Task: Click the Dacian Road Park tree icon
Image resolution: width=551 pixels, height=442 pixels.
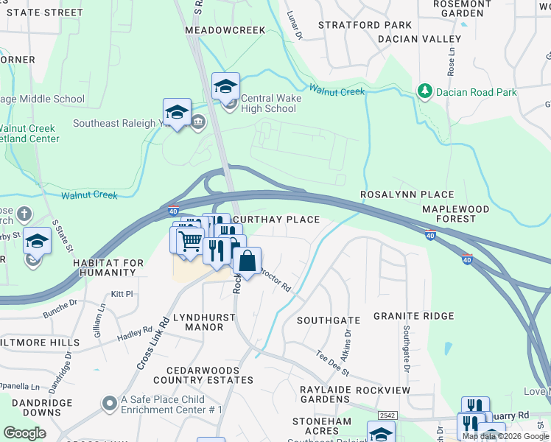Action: click(x=424, y=92)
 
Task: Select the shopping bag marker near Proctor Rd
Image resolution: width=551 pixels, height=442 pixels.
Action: click(x=248, y=260)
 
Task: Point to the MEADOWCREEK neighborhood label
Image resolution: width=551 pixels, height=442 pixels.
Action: click(x=224, y=29)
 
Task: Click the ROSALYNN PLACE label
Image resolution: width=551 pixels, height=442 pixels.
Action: click(x=407, y=194)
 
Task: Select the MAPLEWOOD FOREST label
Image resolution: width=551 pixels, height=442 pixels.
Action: click(x=455, y=214)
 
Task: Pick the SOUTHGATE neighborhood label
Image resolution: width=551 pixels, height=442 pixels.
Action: click(x=328, y=320)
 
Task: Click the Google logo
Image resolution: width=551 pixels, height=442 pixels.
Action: click(x=24, y=432)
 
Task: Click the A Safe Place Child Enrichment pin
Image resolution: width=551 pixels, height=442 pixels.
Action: click(x=108, y=404)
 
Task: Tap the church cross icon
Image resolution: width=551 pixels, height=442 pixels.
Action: click(x=24, y=214)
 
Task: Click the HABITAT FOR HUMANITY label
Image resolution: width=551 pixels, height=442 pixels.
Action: click(x=104, y=267)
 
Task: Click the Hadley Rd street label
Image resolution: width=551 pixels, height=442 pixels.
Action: click(x=134, y=334)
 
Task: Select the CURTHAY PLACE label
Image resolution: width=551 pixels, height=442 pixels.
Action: click(x=276, y=220)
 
